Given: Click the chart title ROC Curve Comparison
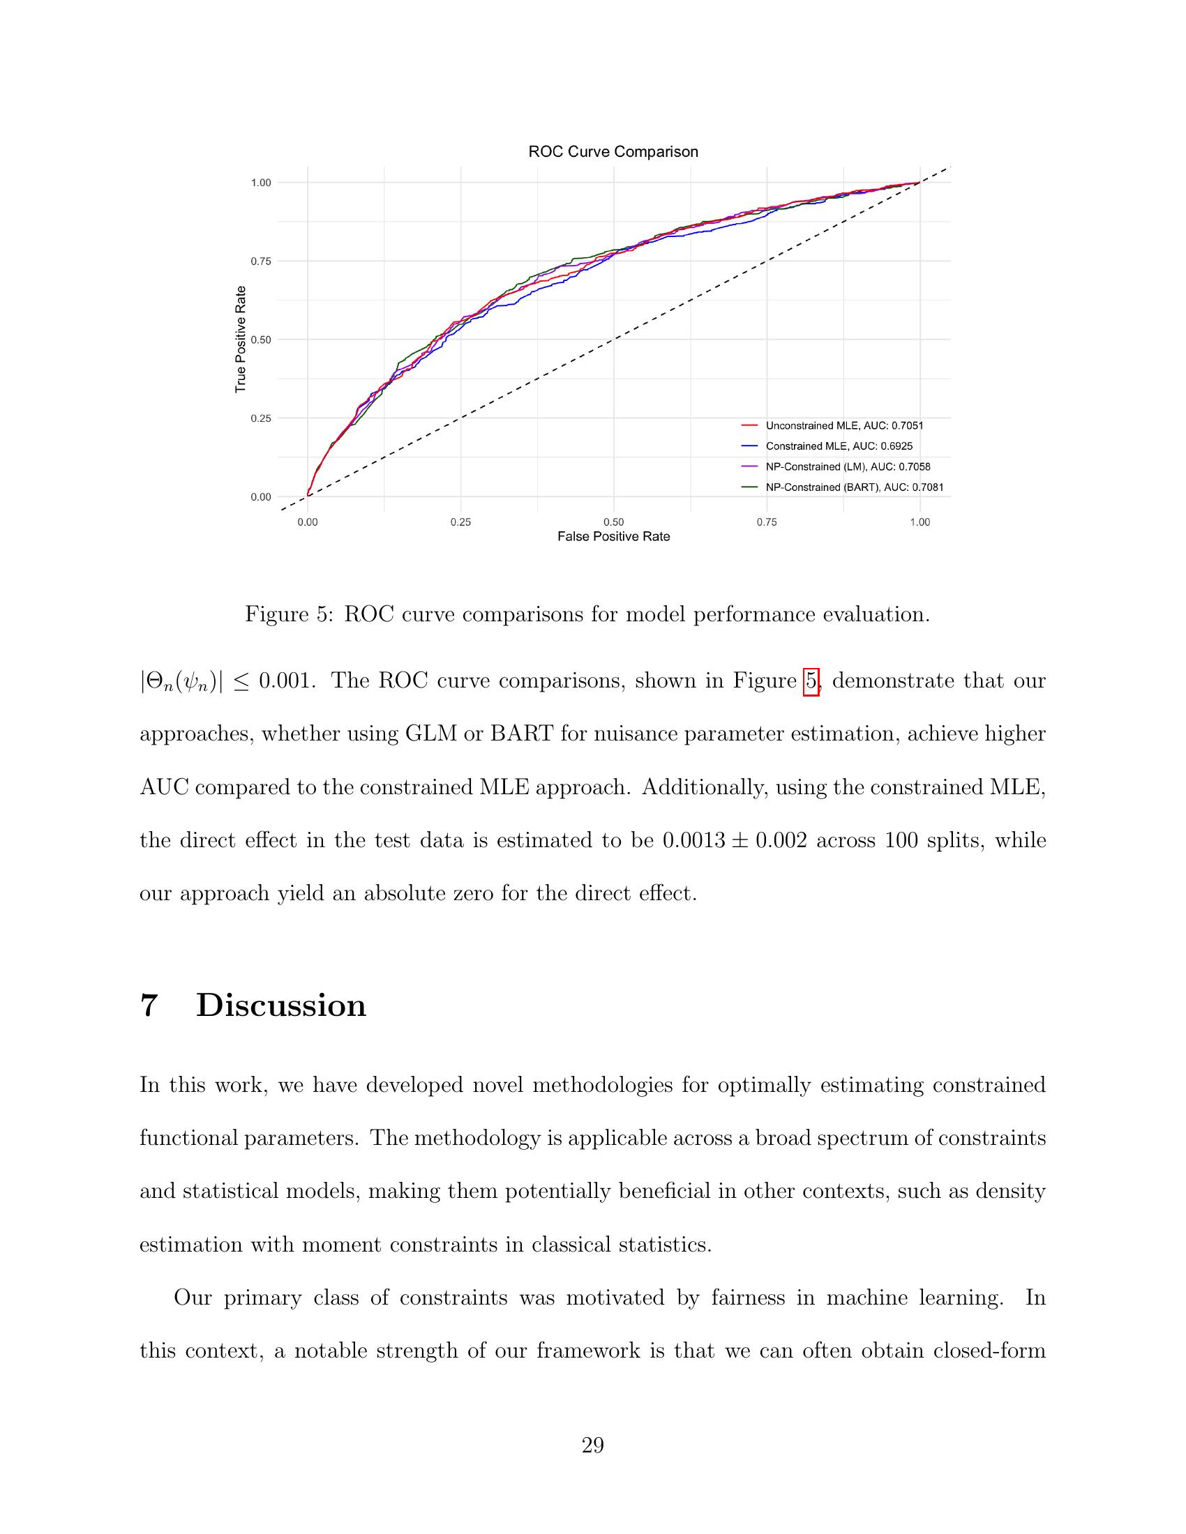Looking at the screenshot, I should pos(613,152).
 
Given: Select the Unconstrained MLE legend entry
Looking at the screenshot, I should pos(844,425).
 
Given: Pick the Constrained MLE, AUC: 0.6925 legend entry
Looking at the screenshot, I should pos(839,446).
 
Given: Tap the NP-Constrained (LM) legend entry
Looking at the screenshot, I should pos(848,466).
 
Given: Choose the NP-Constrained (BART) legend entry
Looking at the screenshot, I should pos(854,487).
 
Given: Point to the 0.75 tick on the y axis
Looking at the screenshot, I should pos(261,261).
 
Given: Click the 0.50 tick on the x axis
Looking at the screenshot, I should pos(613,522).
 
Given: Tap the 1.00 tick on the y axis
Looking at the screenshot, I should pos(261,183).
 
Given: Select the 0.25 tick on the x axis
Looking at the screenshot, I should pos(460,522).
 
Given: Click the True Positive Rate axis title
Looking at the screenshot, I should pos(241,340).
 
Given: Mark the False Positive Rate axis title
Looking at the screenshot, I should pos(613,537).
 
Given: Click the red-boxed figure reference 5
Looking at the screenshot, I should pos(811,681).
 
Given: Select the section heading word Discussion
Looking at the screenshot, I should pos(281,1005).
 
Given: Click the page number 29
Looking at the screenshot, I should pos(592,1445).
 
